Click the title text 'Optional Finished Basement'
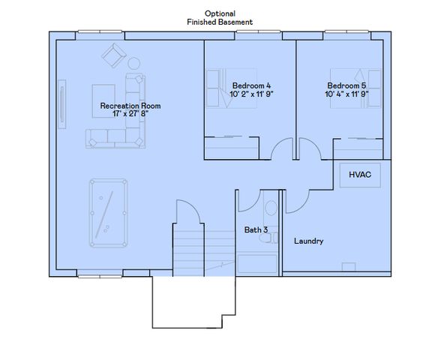[220, 18]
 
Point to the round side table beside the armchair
[134, 63]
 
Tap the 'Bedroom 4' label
[247, 85]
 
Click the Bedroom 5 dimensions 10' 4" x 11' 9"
[346, 94]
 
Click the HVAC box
[359, 175]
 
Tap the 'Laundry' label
[308, 241]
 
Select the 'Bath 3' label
[256, 230]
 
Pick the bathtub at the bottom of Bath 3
[256, 264]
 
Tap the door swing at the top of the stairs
[187, 214]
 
